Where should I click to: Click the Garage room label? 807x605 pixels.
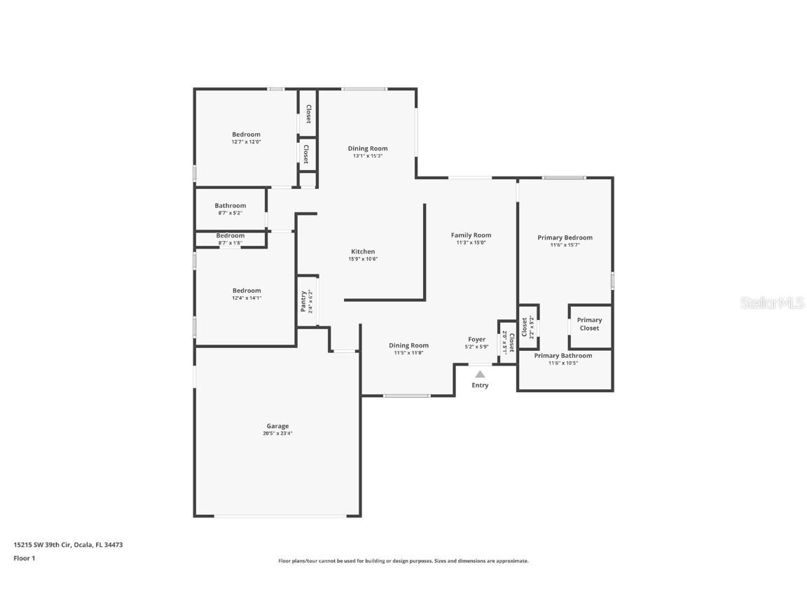(277, 426)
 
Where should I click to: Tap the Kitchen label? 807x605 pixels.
(363, 251)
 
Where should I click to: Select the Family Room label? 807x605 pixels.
(471, 235)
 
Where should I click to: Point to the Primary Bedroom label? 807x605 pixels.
(565, 237)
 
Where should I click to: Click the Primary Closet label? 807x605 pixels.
(589, 324)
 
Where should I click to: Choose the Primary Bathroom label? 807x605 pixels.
(563, 356)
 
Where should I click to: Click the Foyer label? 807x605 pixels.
(476, 340)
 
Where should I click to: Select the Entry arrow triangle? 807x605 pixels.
(480, 375)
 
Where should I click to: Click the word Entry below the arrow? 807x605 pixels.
(480, 386)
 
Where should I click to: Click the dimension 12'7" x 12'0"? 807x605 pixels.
(246, 142)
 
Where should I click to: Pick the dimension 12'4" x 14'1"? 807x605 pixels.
(247, 298)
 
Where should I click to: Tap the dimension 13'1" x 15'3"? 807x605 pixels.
(368, 156)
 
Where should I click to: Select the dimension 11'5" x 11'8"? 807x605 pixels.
(408, 353)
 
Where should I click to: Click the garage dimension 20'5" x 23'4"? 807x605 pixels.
(277, 433)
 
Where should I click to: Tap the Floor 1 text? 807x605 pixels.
(25, 558)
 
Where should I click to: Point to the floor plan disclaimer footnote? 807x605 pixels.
(403, 561)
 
